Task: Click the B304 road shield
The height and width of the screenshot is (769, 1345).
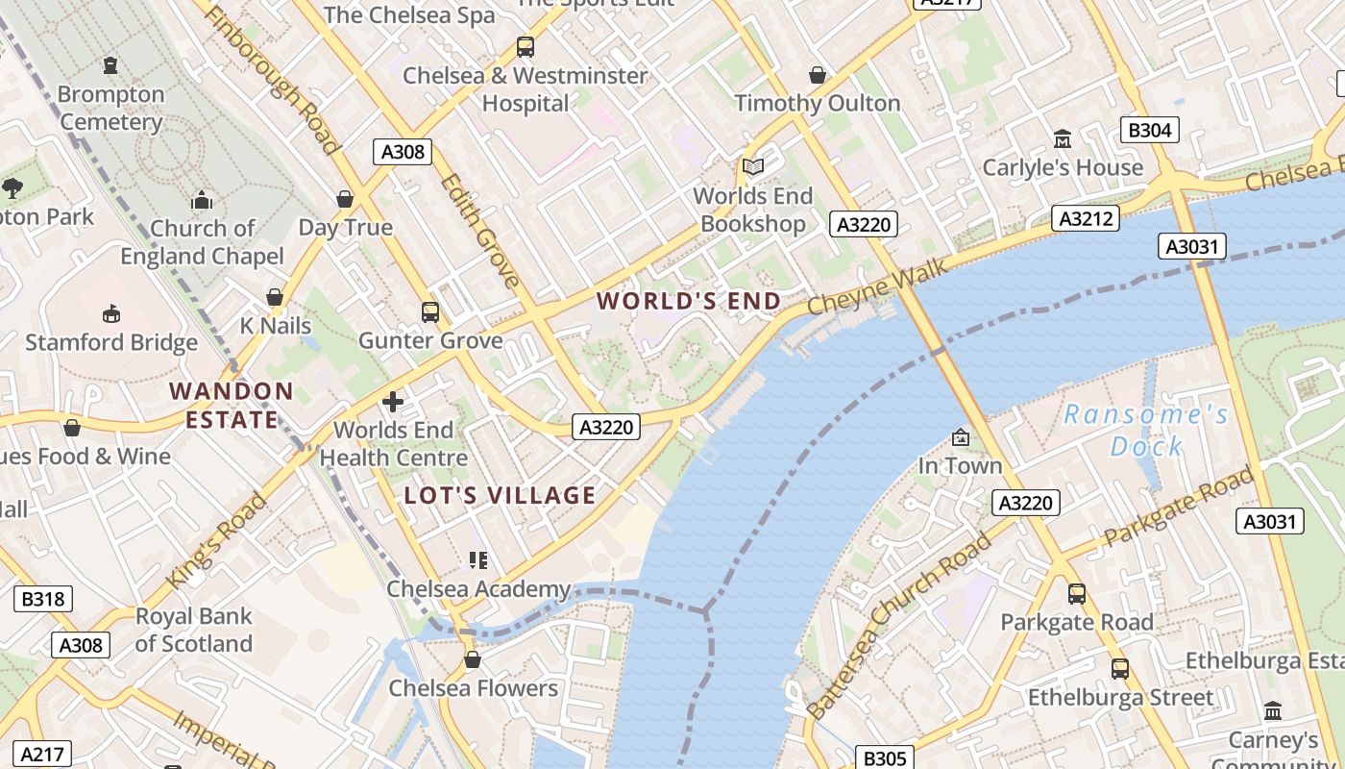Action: (1149, 130)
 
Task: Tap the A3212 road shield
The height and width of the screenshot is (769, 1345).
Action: (1086, 218)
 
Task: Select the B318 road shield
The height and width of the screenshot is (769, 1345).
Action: (43, 599)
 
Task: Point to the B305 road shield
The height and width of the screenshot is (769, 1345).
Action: (884, 758)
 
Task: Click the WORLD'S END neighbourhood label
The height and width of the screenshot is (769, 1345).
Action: (689, 301)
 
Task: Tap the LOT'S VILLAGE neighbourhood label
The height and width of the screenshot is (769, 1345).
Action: (500, 496)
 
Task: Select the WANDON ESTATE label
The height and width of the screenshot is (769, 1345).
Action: (232, 406)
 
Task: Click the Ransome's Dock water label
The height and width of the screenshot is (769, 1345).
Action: (1146, 431)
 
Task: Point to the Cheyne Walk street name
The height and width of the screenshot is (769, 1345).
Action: (877, 286)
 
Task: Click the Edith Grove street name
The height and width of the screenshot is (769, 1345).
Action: (479, 231)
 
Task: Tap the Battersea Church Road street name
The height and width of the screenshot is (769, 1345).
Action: (899, 626)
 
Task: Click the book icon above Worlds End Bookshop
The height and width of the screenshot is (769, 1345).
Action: (753, 167)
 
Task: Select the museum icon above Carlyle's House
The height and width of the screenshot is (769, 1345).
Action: (1063, 139)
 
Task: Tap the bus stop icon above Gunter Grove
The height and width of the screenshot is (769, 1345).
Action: (429, 311)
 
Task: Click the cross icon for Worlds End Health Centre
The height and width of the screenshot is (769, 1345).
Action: (393, 401)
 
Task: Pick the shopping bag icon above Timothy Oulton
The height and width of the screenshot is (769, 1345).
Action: (818, 75)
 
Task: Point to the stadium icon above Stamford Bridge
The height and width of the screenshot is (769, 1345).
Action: (111, 313)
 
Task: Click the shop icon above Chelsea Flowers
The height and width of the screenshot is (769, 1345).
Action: (472, 659)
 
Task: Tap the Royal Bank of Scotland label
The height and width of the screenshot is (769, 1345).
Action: (193, 630)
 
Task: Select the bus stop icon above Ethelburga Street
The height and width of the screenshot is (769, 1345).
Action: (1120, 668)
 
